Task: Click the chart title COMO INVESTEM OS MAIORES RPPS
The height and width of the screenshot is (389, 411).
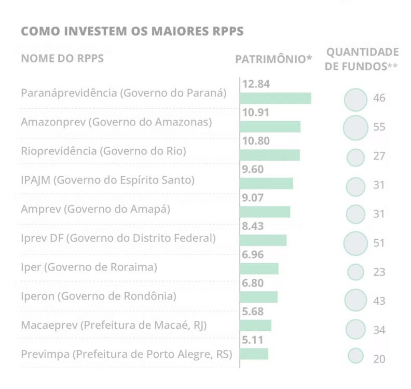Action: click(x=132, y=32)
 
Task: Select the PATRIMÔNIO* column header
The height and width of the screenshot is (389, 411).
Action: click(x=273, y=59)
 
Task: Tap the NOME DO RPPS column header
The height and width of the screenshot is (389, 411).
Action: click(x=62, y=58)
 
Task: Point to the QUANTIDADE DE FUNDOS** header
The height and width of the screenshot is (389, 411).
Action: click(x=362, y=59)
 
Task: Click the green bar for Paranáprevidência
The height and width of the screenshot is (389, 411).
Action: click(x=276, y=98)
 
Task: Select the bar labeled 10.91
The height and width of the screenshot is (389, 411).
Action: click(x=270, y=126)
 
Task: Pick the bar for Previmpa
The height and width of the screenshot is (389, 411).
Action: click(x=254, y=354)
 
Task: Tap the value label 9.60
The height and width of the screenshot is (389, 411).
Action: click(x=253, y=170)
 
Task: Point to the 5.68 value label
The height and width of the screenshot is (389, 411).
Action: click(x=253, y=312)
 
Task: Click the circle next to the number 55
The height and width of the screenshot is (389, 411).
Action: click(x=356, y=127)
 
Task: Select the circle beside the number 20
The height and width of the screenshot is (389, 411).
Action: click(x=355, y=356)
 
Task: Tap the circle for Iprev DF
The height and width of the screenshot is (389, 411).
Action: click(x=356, y=242)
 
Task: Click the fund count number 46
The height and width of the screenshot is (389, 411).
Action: click(x=379, y=98)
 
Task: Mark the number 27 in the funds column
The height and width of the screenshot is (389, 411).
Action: click(x=379, y=157)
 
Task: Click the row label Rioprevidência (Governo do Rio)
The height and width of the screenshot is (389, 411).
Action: click(x=103, y=151)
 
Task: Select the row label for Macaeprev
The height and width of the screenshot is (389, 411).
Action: click(x=114, y=325)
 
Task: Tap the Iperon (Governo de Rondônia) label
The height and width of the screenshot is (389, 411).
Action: click(x=99, y=296)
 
